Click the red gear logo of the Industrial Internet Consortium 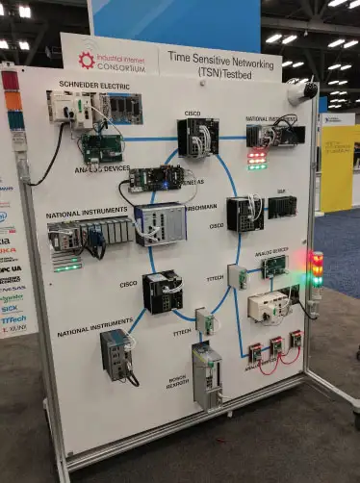click(x=87, y=61)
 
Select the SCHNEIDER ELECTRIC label click(x=93, y=85)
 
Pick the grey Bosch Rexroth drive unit click(x=206, y=374)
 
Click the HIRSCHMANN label click(x=200, y=207)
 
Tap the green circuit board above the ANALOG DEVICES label click(x=101, y=146)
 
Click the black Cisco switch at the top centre click(x=197, y=137)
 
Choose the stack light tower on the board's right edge click(x=316, y=268)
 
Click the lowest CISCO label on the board click(x=128, y=284)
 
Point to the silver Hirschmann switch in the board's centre click(x=160, y=225)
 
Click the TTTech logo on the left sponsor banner click(x=13, y=318)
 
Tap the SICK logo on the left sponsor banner click(x=11, y=308)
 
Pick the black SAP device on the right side click(x=281, y=206)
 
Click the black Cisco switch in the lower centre click(x=162, y=292)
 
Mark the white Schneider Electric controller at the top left click(x=70, y=107)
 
